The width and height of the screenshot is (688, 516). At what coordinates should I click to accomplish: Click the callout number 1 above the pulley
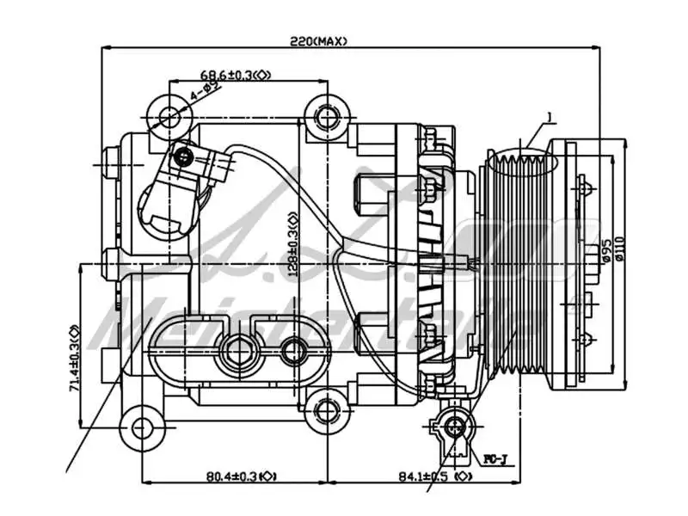tap(547, 117)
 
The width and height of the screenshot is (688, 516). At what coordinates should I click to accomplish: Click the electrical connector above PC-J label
tap(453, 425)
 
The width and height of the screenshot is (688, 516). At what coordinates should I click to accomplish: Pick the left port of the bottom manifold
tap(238, 350)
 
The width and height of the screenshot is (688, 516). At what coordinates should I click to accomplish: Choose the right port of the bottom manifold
tap(294, 350)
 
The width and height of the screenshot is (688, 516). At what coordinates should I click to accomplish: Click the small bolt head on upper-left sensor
tap(183, 157)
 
